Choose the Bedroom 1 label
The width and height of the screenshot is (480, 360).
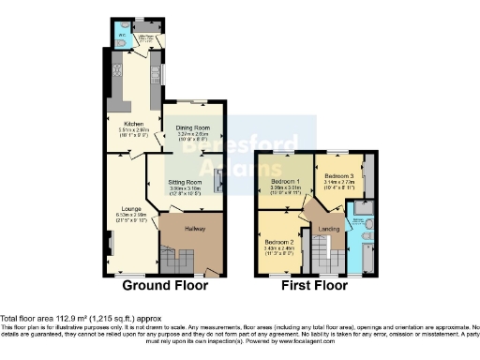point(285,179)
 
